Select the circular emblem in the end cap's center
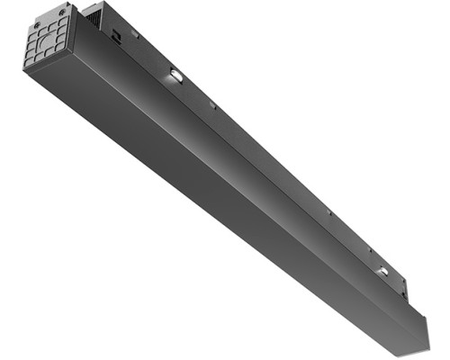(x=45, y=40)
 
